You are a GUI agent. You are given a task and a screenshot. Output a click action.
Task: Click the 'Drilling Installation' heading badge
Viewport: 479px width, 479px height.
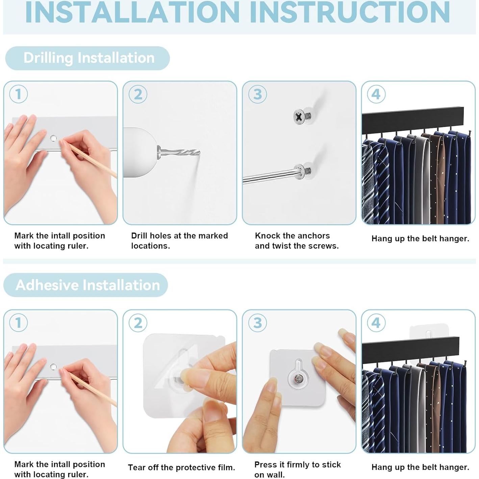click(x=87, y=58)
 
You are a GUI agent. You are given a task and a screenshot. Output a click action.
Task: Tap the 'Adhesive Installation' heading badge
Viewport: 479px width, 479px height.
click(x=85, y=285)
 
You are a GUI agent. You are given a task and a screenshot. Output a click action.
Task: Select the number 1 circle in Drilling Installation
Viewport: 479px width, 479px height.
click(x=18, y=94)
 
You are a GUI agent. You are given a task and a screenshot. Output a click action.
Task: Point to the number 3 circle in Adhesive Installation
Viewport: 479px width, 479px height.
click(x=257, y=323)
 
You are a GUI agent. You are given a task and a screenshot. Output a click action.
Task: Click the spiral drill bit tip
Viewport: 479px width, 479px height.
click(x=199, y=152)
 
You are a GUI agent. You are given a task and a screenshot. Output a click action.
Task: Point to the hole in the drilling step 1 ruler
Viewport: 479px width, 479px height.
click(x=53, y=138)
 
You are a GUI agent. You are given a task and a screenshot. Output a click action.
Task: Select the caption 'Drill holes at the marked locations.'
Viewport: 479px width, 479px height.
click(x=179, y=241)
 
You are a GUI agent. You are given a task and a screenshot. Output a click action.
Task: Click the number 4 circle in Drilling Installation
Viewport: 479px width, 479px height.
click(x=376, y=94)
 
